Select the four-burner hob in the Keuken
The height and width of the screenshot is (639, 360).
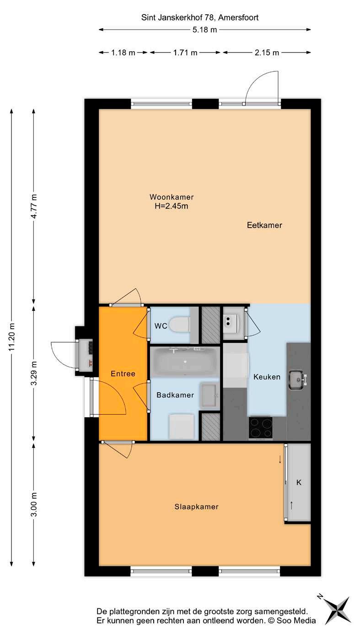coord(260,427)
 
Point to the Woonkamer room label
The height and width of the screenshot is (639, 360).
coord(172,197)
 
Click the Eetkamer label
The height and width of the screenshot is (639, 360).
coord(264,225)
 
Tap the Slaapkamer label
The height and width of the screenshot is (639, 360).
coord(196,506)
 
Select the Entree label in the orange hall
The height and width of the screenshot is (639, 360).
coord(123,374)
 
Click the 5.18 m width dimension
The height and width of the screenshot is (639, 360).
coord(204,30)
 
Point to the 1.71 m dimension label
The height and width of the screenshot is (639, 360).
coord(185,53)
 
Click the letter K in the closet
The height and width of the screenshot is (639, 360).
coord(299,482)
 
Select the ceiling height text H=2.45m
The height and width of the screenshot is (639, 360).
coord(171,206)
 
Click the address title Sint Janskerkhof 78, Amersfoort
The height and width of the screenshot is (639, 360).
coord(200,18)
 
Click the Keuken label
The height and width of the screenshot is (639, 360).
coord(267,377)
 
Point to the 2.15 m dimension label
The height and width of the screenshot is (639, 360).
coord(267,53)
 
